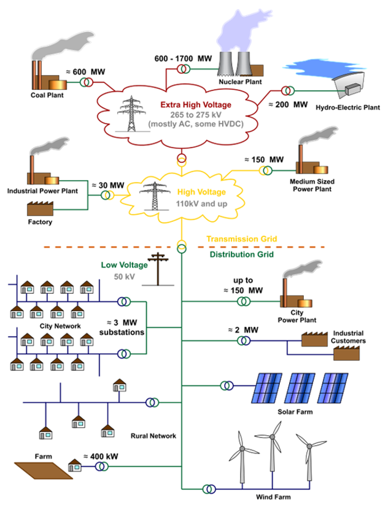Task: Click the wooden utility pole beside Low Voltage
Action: tap(160, 269)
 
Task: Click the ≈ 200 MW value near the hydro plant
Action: tap(287, 105)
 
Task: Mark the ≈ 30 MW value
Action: tap(107, 184)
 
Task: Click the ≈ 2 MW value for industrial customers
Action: tap(243, 330)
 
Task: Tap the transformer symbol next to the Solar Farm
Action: tap(228, 385)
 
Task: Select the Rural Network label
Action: tap(153, 436)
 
